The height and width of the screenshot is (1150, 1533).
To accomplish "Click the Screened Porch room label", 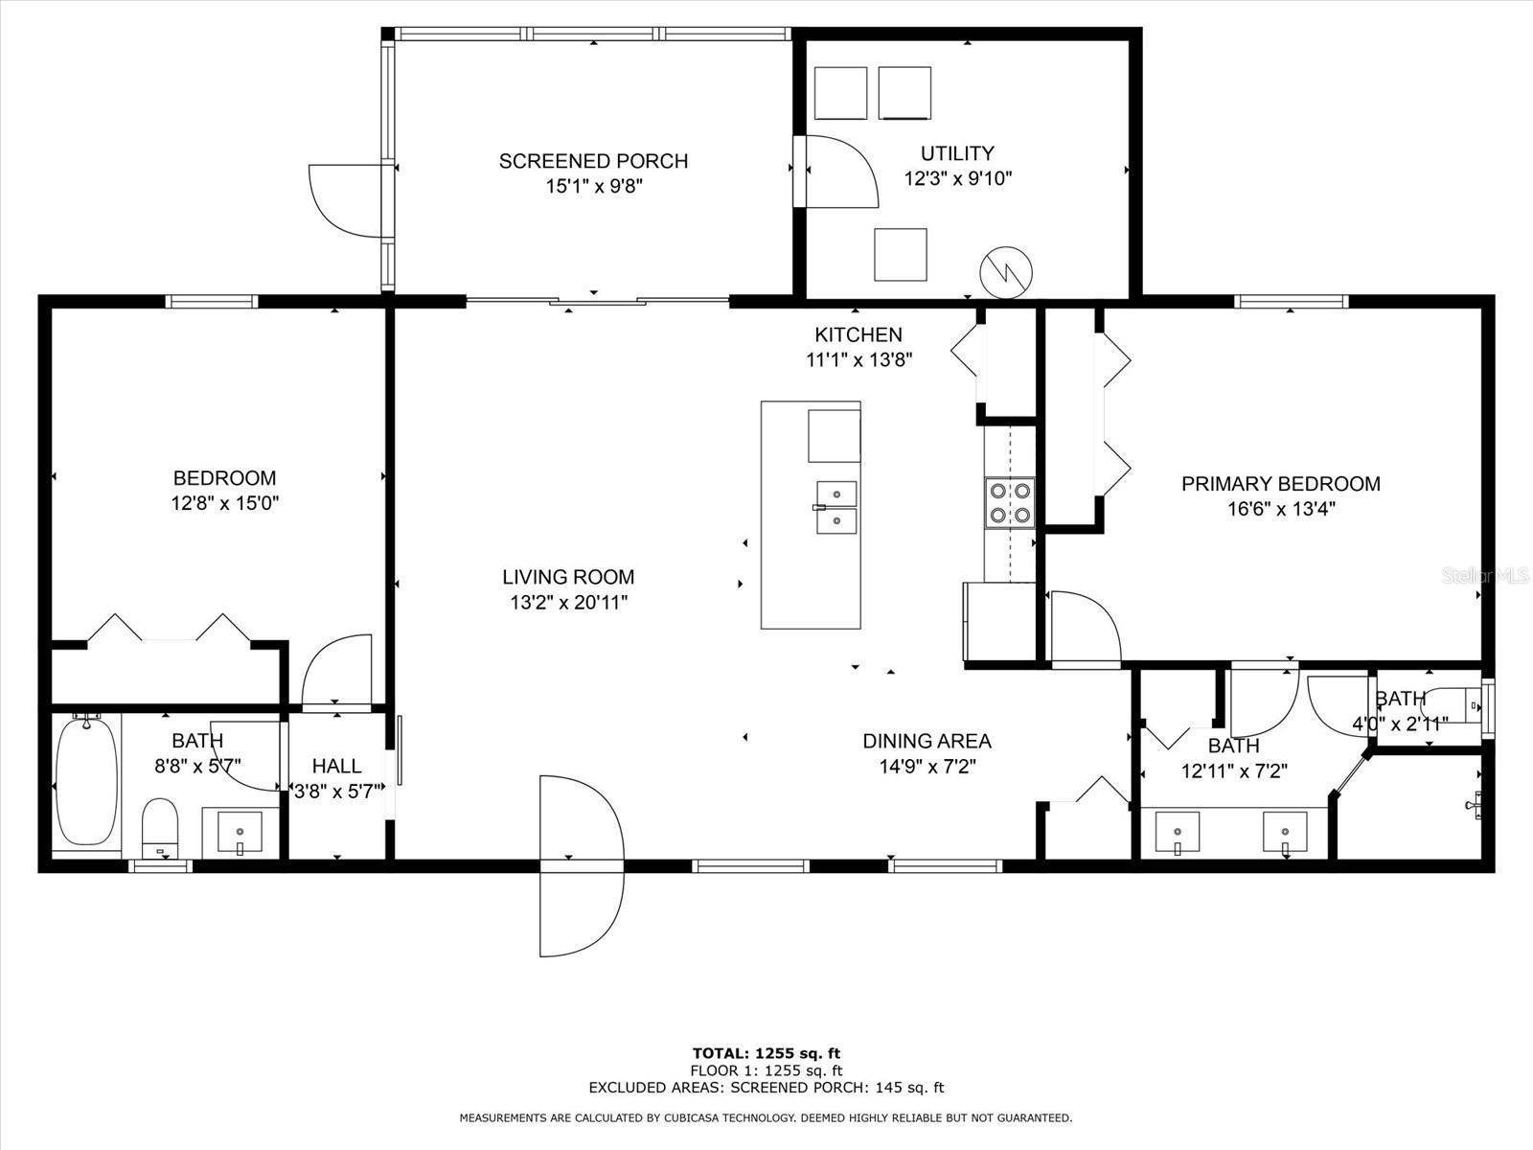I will (593, 161).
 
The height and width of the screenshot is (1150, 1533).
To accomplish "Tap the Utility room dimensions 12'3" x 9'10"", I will (957, 178).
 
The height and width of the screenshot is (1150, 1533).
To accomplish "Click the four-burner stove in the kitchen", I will (1010, 502).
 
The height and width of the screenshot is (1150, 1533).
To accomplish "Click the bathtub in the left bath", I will (86, 781).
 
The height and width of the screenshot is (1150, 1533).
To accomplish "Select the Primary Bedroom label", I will (1280, 484).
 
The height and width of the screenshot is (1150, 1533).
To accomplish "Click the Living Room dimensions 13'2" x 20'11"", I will (568, 603).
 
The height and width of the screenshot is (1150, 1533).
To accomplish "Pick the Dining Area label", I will (927, 741).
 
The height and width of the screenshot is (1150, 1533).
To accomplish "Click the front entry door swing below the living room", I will (582, 865).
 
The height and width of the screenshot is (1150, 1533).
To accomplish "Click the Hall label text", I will (337, 766).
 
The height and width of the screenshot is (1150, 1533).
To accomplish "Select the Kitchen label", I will (858, 334).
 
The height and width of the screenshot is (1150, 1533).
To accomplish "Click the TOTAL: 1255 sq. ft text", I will (766, 1053).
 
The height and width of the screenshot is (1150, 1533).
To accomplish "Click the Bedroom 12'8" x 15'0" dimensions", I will (224, 503).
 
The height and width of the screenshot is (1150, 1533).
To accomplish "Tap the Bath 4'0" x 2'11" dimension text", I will (1400, 724).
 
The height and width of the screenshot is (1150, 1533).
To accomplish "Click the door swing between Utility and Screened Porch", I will (838, 171).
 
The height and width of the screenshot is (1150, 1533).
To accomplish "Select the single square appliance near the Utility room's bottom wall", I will (900, 255).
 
